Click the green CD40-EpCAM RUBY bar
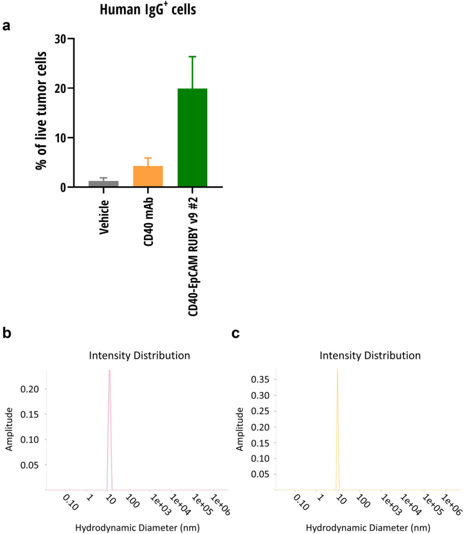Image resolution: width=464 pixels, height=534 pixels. tap(192, 137)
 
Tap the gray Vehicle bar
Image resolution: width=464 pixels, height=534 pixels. tap(103, 184)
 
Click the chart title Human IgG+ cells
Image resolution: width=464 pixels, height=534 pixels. tap(148, 9)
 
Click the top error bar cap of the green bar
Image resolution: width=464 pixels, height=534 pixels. tap(192, 57)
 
